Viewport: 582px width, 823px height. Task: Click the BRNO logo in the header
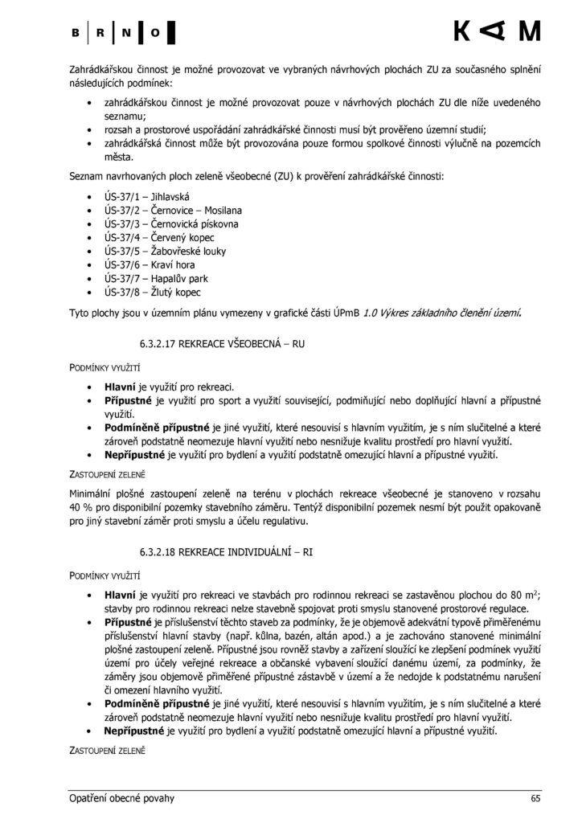[x=122, y=33]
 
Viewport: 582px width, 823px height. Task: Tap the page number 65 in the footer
[x=535, y=798]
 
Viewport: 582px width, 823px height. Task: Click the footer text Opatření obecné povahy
[x=121, y=798]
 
